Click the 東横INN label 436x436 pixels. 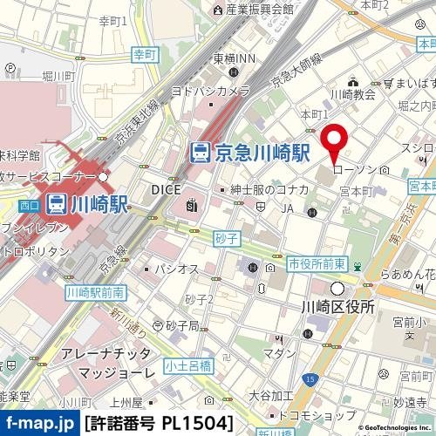[x=234, y=59]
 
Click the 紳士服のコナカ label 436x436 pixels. [x=268, y=188]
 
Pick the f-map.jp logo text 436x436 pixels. [x=38, y=424]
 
